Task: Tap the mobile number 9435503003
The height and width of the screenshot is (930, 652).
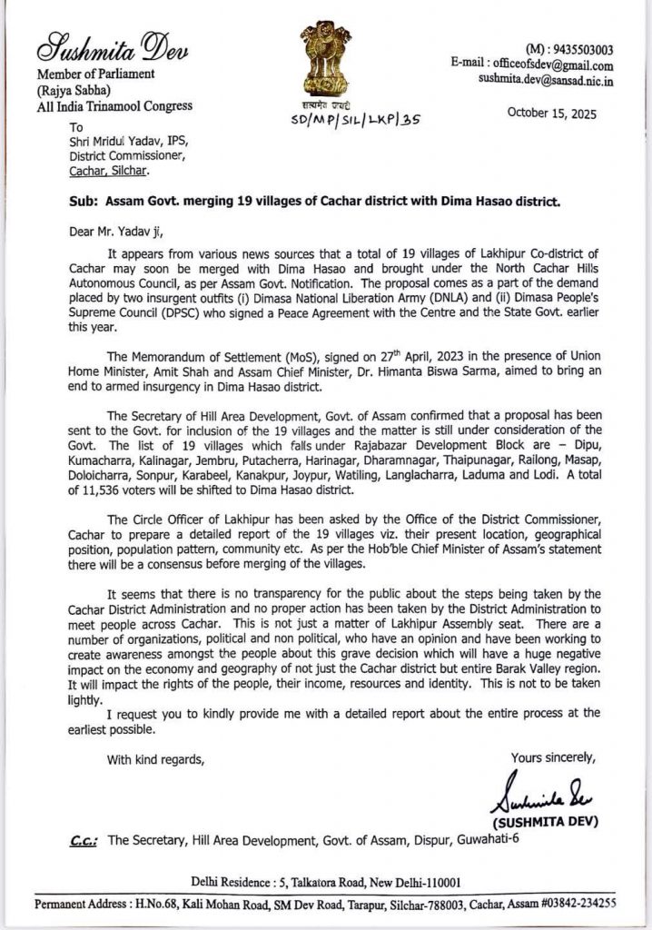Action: (577, 50)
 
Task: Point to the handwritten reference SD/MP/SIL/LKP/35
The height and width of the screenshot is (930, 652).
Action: (356, 118)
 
